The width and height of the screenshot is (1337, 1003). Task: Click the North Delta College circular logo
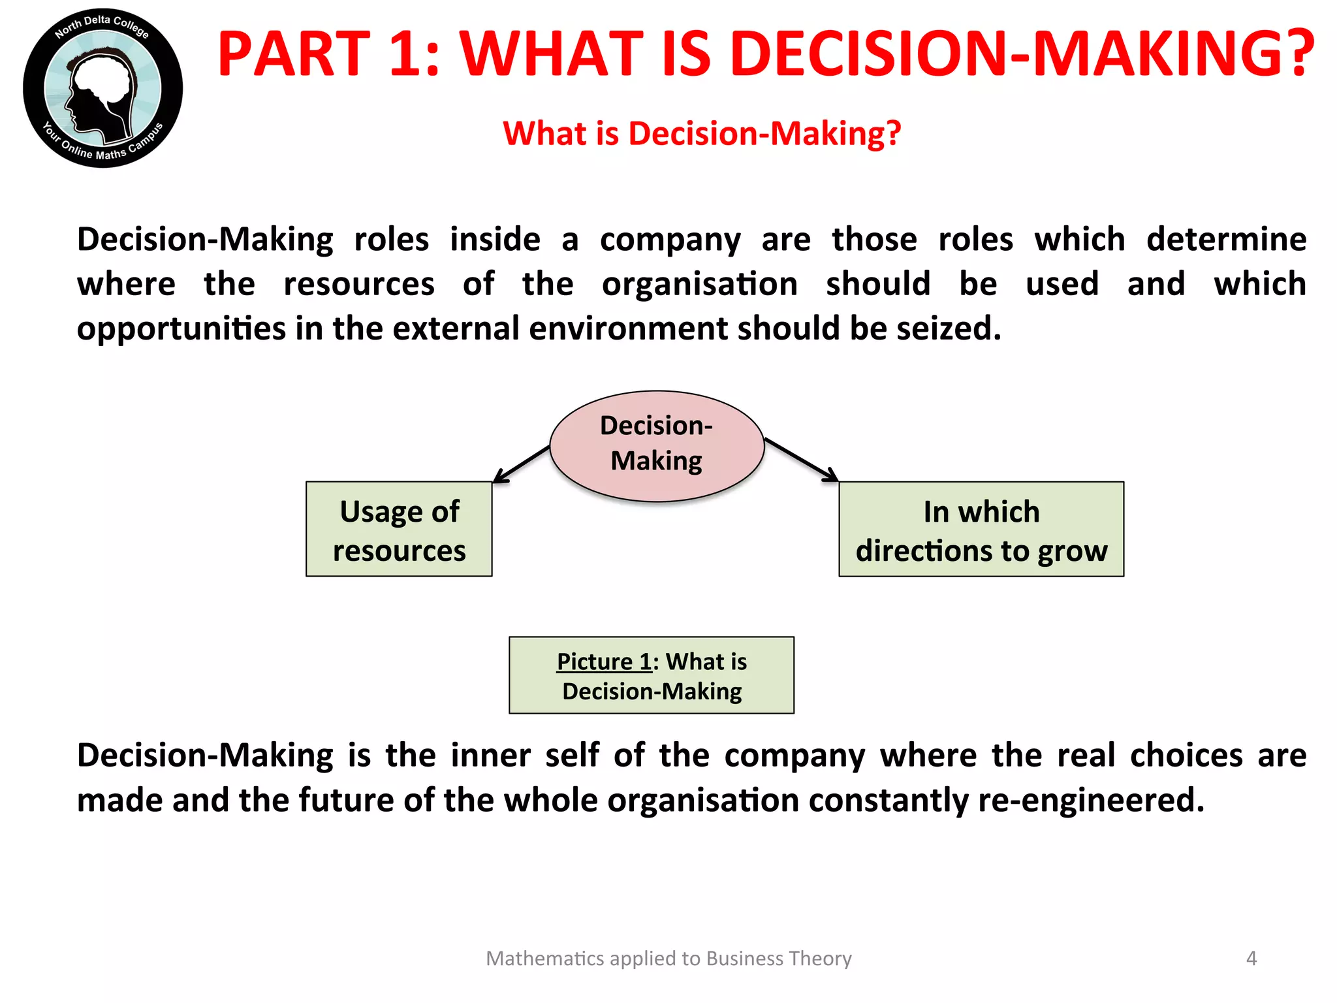[x=102, y=88]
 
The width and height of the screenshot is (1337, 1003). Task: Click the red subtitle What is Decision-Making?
[x=702, y=134]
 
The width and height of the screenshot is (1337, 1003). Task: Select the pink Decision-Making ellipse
[x=657, y=445]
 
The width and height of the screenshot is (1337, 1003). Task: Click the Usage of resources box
[x=399, y=530]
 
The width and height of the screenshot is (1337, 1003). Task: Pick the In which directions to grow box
[x=981, y=530]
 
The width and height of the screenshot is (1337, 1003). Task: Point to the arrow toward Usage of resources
[x=521, y=464]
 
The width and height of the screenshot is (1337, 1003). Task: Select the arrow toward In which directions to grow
[x=802, y=460]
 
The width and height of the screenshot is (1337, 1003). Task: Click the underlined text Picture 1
[x=604, y=661]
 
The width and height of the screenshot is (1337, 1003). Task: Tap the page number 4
[x=1251, y=958]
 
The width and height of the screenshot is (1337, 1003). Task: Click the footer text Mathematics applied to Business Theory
[x=668, y=958]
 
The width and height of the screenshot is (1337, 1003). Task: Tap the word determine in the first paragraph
[x=1226, y=240]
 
